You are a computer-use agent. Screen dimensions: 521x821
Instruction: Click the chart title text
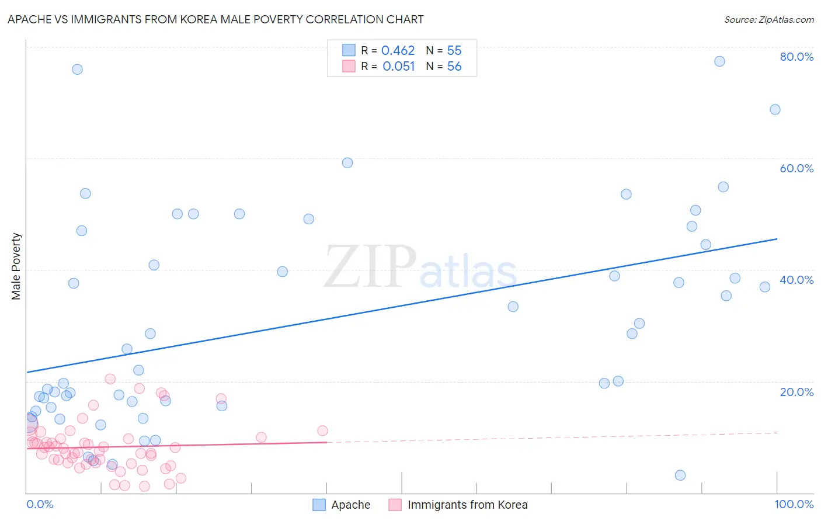(x=215, y=19)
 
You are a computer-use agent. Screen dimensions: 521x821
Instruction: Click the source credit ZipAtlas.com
(x=768, y=19)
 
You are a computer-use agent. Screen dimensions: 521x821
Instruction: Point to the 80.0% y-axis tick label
(x=796, y=57)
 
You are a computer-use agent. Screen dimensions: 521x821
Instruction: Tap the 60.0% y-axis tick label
(x=796, y=168)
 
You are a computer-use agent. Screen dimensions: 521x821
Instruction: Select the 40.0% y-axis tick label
(x=796, y=280)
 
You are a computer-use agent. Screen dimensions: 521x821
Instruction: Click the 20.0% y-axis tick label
(x=796, y=391)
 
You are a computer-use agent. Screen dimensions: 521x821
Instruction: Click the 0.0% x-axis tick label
(x=40, y=504)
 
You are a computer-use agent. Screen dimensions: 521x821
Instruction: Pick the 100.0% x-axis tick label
(x=794, y=504)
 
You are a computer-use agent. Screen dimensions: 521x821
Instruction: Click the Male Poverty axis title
(x=16, y=266)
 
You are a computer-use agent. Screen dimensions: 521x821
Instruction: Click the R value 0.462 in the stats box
(x=398, y=51)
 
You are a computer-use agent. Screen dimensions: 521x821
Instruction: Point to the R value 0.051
(x=398, y=67)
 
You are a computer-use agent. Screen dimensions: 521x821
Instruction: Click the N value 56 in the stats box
(x=454, y=67)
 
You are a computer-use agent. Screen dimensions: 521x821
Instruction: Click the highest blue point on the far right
(x=719, y=61)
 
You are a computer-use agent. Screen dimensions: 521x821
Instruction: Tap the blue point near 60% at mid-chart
(x=347, y=163)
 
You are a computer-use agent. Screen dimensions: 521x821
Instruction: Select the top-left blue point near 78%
(x=77, y=70)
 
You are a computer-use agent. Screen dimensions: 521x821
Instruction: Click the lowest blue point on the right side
(x=680, y=475)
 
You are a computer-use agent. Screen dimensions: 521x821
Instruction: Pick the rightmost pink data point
(x=322, y=431)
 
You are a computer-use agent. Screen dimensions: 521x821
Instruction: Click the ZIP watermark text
(x=370, y=267)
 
